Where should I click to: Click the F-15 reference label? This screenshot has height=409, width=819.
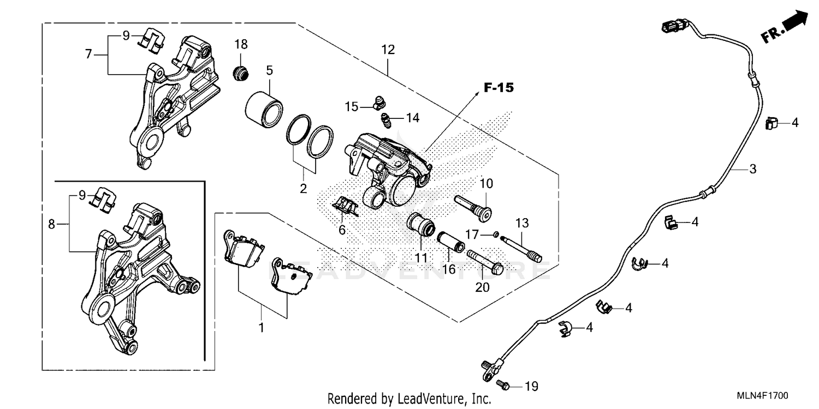498,88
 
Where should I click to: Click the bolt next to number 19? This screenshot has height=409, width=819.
504,386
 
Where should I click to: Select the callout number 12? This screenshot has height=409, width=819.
388,50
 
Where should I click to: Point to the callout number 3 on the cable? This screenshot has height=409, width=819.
752,169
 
